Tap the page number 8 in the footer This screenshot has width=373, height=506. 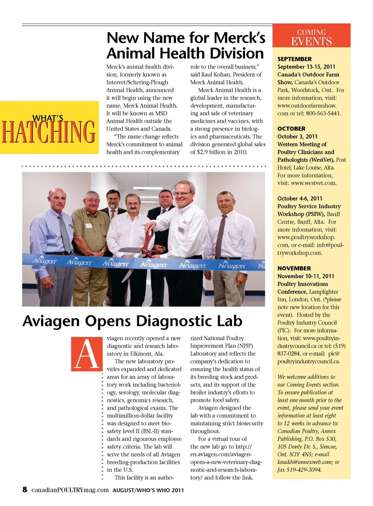(25, 489)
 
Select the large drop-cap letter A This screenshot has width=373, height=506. (87, 354)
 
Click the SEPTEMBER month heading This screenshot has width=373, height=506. (295, 59)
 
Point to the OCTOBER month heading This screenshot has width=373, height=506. (291, 129)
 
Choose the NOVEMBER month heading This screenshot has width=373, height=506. (294, 268)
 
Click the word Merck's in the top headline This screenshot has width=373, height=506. (239, 38)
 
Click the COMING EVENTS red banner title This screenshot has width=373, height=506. (312, 37)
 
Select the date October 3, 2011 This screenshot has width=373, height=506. (298, 136)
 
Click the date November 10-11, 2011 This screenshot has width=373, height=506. (306, 276)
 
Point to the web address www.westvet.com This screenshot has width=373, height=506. (314, 183)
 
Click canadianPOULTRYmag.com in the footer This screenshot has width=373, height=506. (70, 490)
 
